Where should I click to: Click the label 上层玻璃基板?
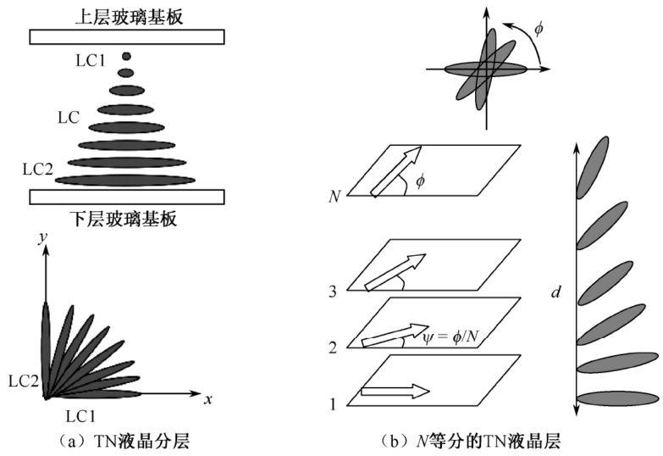click(127, 14)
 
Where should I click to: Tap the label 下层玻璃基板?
click(127, 219)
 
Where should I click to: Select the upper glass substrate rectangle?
click(127, 36)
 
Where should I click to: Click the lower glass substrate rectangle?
click(127, 197)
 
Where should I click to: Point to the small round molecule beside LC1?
click(126, 57)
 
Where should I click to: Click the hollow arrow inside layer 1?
click(395, 392)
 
